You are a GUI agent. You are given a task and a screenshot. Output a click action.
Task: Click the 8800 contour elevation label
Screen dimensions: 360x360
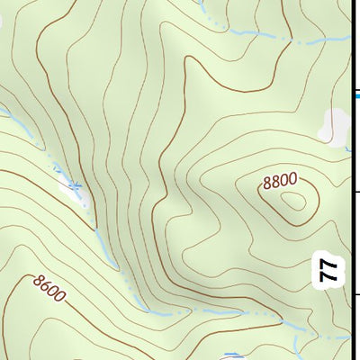click(x=279, y=181)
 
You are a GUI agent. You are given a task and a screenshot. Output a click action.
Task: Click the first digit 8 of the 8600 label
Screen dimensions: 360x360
click(x=37, y=281)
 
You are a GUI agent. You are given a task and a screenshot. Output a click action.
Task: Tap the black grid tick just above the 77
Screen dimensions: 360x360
click(x=355, y=192)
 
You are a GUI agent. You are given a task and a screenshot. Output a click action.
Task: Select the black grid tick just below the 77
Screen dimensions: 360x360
click(x=355, y=294)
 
